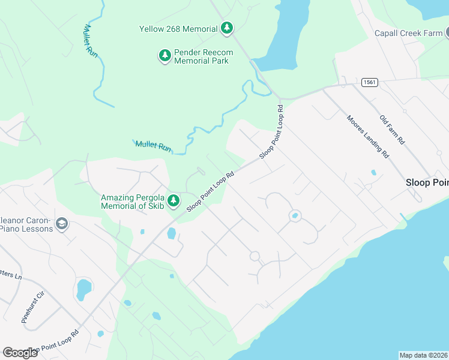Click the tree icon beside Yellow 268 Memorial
(226, 28)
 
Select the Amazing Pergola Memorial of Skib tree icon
(173, 200)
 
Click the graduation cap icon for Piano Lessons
(61, 224)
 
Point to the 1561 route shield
(369, 83)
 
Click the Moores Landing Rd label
(368, 136)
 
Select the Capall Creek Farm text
(408, 34)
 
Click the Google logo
(20, 352)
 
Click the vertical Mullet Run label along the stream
(90, 40)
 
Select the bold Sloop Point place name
(427, 182)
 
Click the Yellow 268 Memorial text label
(178, 29)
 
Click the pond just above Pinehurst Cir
(83, 290)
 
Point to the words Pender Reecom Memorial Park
(203, 56)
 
